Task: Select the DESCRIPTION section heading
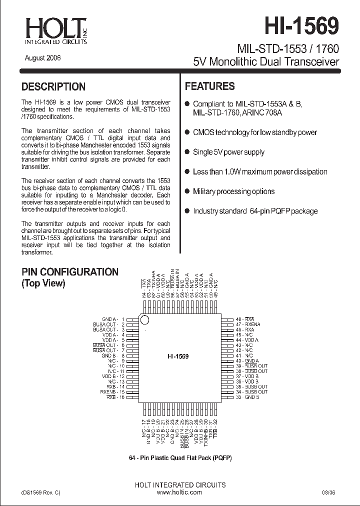(53, 86)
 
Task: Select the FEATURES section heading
(210, 86)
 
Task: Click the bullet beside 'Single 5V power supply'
(187, 151)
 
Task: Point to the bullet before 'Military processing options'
(187, 191)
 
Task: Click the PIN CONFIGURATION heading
(69, 272)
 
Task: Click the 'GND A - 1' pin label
(112, 319)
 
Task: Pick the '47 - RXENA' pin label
(248, 324)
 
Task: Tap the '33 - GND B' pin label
(247, 397)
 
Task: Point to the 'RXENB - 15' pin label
(112, 392)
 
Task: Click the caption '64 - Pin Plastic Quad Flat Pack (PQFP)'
(180, 458)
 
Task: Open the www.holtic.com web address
(180, 492)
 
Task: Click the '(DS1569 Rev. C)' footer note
(41, 492)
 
